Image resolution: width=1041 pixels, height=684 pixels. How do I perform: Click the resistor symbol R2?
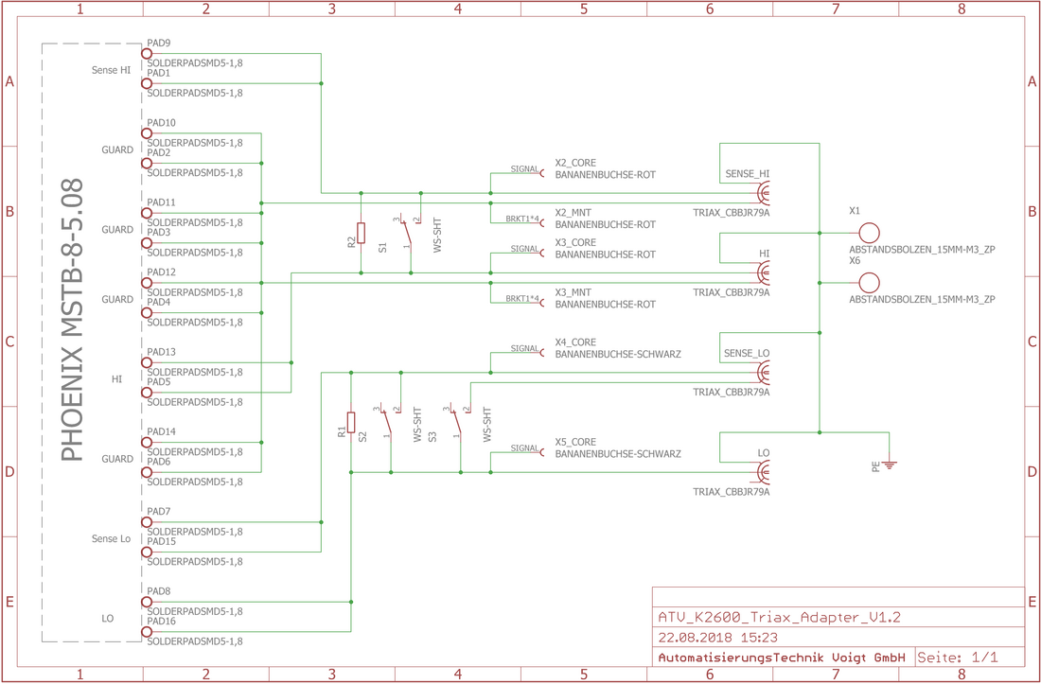[x=361, y=233]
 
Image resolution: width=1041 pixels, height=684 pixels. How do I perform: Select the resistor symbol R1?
[x=351, y=422]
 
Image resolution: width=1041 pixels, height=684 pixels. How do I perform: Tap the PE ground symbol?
[x=889, y=464]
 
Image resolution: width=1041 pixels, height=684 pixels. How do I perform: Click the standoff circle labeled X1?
[x=869, y=233]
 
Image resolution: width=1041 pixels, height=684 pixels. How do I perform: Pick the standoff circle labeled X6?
[x=869, y=283]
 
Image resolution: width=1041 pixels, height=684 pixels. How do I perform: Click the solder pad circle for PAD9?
[x=147, y=54]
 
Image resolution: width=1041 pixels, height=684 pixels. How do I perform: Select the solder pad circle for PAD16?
[x=147, y=632]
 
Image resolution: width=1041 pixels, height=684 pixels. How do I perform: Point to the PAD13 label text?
[x=161, y=352]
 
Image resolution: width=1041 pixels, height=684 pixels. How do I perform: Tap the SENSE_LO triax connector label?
[x=747, y=354]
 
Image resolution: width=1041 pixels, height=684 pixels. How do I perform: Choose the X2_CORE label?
[x=575, y=163]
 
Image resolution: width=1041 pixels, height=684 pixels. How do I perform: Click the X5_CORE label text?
[x=575, y=442]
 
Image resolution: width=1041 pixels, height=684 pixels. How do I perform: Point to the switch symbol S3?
[x=459, y=422]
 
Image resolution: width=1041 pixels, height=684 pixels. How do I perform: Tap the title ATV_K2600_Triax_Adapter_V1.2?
[x=779, y=617]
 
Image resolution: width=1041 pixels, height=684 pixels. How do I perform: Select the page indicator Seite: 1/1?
[x=958, y=657]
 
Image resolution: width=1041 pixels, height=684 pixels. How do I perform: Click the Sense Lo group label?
[x=112, y=538]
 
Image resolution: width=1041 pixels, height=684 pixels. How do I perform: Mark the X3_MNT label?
[x=573, y=292]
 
